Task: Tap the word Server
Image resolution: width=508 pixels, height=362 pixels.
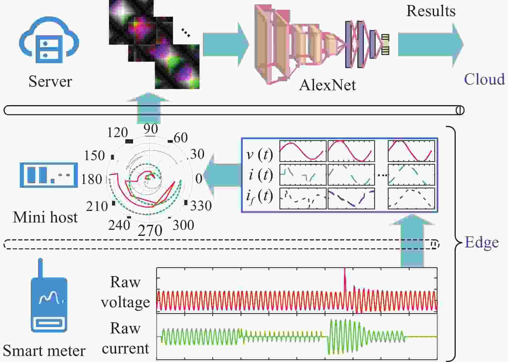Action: tap(50, 81)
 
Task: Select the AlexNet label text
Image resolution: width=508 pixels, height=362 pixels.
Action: tap(327, 85)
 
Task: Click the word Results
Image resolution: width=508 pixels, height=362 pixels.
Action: tap(431, 11)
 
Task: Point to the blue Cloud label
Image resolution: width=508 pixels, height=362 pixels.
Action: tap(484, 79)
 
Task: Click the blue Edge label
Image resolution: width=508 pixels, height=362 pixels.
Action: tap(482, 243)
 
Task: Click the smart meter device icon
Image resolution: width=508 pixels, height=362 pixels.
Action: tap(49, 301)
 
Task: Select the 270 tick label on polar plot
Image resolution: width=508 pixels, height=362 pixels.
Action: tap(150, 231)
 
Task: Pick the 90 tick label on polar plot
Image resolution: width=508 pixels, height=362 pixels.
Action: tap(151, 129)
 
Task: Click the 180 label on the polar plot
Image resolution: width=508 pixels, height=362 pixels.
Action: tap(91, 179)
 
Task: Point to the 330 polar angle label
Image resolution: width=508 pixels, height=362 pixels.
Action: tap(201, 206)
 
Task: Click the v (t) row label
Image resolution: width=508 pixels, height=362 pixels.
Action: tap(259, 154)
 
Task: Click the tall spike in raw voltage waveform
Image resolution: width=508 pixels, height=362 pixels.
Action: tap(345, 278)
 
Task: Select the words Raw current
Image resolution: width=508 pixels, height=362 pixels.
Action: tap(125, 338)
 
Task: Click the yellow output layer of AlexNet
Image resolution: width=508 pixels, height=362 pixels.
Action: tap(385, 44)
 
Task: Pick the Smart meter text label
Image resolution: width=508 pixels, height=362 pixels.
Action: tap(44, 351)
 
